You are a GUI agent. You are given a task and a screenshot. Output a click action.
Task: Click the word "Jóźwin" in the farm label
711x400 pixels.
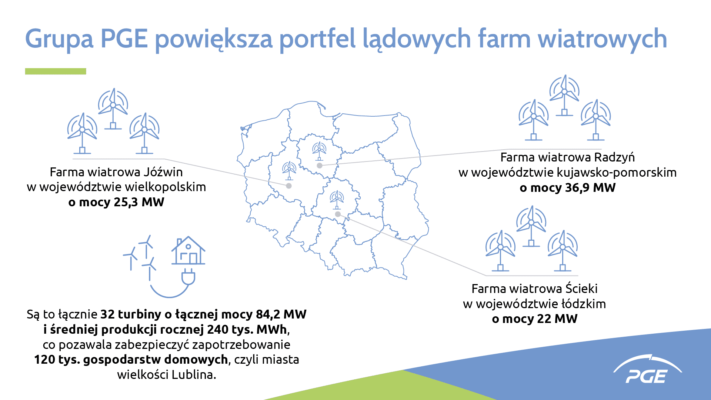point(163,172)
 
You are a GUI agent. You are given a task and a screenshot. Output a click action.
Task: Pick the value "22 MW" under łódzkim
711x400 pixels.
point(559,319)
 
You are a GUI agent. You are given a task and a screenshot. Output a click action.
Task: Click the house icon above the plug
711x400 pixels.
point(188,250)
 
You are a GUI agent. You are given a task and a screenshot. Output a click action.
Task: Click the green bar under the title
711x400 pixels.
point(56,71)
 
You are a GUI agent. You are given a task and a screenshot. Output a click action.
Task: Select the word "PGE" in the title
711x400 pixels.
point(124,39)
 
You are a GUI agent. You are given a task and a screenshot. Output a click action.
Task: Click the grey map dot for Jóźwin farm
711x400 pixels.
point(289,186)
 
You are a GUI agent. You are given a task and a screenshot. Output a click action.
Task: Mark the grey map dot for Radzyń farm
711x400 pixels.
point(320,166)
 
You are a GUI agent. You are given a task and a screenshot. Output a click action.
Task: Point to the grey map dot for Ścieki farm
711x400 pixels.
point(338,214)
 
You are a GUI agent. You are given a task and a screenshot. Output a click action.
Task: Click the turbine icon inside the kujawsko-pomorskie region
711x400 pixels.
point(319,151)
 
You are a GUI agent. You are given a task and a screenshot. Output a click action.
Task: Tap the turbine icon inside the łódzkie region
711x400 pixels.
point(337,200)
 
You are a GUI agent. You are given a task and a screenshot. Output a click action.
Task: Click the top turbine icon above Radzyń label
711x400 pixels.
point(564,96)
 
